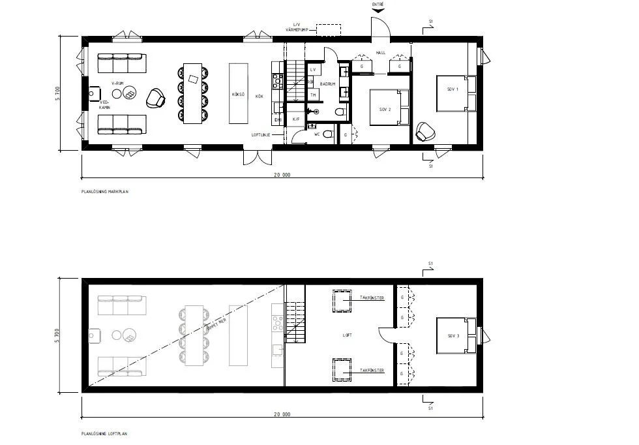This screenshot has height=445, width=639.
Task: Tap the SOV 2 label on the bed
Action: pos(385,109)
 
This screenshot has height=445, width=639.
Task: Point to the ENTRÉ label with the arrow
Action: pos(378,4)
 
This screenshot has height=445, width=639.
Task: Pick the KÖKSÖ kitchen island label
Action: pos(238,95)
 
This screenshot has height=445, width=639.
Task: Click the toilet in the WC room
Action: pos(327,134)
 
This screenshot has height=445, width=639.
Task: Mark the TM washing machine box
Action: pos(314,95)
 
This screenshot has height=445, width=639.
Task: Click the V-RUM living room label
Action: pos(117,84)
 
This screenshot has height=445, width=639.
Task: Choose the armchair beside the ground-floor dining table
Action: pos(156,98)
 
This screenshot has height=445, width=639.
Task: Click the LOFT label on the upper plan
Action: pos(348,335)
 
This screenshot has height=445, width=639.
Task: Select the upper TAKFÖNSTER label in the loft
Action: pos(372,298)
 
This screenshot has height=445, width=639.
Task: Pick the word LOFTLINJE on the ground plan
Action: pos(260,135)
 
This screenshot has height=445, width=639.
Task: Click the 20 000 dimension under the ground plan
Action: pos(282,174)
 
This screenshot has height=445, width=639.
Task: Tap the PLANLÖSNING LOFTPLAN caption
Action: pos(105,433)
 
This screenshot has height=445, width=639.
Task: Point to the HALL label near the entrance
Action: pos(381,53)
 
